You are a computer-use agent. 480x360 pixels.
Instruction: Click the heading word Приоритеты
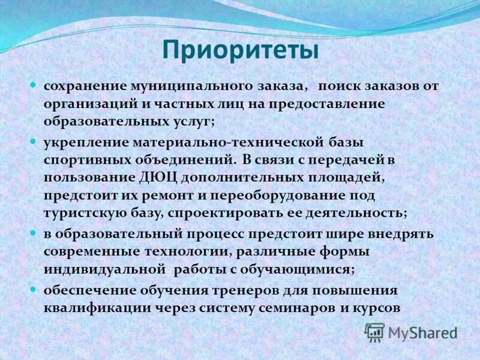click(x=240, y=50)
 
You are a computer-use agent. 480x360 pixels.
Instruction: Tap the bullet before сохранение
click(x=34, y=85)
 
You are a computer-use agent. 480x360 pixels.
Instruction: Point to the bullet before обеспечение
click(x=34, y=289)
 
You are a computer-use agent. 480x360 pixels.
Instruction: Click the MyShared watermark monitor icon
click(x=374, y=331)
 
